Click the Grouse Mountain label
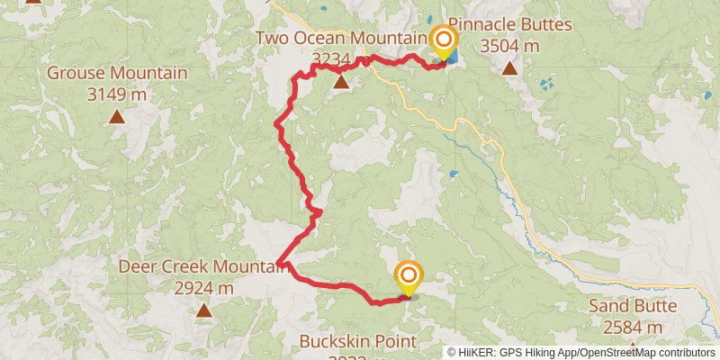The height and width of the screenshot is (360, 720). coord(117,73)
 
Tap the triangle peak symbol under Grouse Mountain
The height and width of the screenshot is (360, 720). coord(117,116)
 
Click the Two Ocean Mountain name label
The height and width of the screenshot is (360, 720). coord(341,38)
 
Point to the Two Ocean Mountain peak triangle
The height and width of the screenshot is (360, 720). coord(341,83)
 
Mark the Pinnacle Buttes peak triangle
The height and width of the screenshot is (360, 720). coord(509,68)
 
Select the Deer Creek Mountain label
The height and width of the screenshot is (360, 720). coord(203,267)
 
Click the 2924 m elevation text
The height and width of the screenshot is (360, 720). coord(203,288)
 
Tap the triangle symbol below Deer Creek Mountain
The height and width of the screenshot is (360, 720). coord(203,311)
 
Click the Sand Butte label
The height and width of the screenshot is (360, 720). coord(633,306)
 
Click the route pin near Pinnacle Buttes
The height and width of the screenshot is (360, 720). coord(443,41)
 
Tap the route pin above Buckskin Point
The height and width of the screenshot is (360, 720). coord(409,276)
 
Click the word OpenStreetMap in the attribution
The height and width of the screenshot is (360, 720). coord(614,353)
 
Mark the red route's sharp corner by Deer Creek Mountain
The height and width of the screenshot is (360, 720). coord(280,264)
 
